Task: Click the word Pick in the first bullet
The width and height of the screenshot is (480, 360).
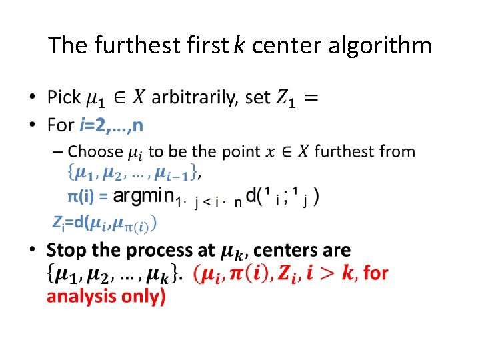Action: coord(64,97)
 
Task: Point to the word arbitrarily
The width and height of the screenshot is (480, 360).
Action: coord(194,98)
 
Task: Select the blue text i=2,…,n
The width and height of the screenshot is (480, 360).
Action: coord(111,125)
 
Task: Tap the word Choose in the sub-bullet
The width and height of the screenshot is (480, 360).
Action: coord(96,151)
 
